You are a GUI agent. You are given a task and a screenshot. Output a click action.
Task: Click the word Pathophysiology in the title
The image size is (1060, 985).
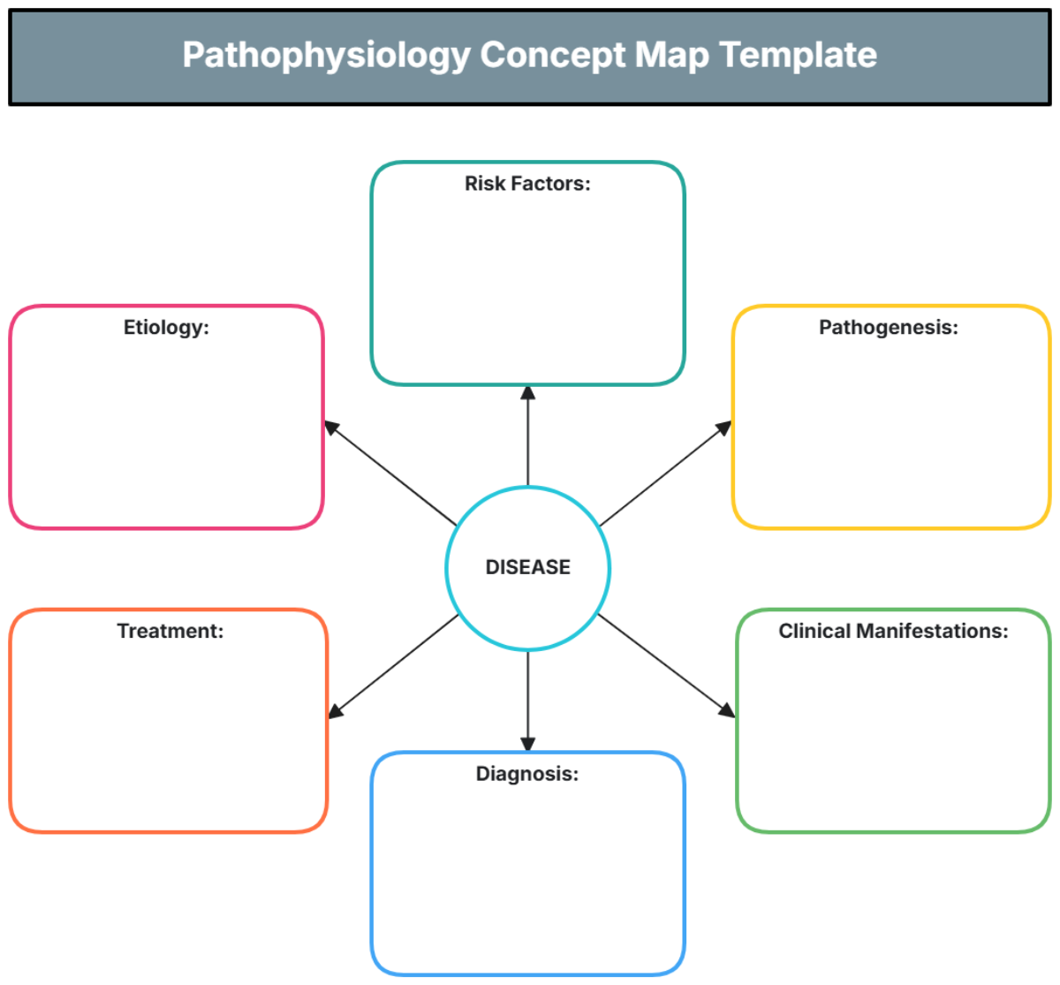click(x=326, y=56)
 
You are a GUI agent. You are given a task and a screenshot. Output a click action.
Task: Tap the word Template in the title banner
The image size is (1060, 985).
click(x=798, y=56)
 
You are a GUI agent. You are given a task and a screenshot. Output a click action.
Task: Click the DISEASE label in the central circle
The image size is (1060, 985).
click(x=527, y=567)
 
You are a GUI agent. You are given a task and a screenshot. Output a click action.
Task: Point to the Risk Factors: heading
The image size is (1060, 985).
click(x=527, y=184)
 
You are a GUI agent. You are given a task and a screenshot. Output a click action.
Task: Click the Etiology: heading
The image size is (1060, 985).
click(x=166, y=328)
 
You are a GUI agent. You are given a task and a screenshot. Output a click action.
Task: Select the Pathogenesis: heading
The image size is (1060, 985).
click(x=888, y=328)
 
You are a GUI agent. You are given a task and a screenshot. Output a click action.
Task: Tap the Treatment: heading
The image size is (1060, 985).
click(x=170, y=631)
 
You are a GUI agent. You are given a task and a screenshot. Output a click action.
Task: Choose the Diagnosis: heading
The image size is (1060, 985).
click(x=527, y=774)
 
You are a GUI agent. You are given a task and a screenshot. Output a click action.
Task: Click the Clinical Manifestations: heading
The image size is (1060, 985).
click(x=892, y=631)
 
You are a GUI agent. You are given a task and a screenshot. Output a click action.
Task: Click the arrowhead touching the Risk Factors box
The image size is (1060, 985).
click(x=527, y=393)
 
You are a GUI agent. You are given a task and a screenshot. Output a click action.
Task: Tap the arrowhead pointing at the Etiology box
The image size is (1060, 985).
click(x=331, y=428)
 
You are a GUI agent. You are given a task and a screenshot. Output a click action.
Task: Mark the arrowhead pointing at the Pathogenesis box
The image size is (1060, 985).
click(x=724, y=428)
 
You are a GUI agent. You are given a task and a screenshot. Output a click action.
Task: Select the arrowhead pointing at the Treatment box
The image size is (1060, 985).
click(x=335, y=710)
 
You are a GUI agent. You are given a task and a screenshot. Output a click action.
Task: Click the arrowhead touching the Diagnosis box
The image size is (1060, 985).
click(x=527, y=744)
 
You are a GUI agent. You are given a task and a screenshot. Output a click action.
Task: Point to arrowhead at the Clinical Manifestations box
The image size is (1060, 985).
click(x=727, y=710)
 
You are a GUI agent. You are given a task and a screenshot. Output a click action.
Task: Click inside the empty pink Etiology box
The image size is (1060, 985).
click(x=166, y=433)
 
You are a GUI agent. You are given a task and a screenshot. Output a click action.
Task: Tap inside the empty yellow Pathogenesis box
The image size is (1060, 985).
click(x=890, y=433)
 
